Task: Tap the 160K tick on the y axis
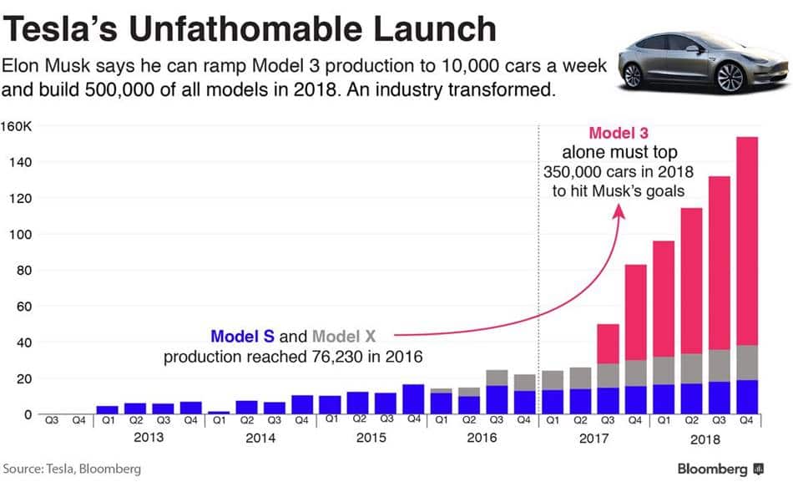(19, 126)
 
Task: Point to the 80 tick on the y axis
(24, 271)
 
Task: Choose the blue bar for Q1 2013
(108, 409)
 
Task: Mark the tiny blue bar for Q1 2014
(219, 413)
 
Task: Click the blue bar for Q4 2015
(413, 399)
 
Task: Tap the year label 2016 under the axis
(482, 437)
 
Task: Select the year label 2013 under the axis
(149, 437)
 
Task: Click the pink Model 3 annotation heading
(619, 133)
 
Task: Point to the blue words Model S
(242, 337)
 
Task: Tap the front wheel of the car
(730, 78)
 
